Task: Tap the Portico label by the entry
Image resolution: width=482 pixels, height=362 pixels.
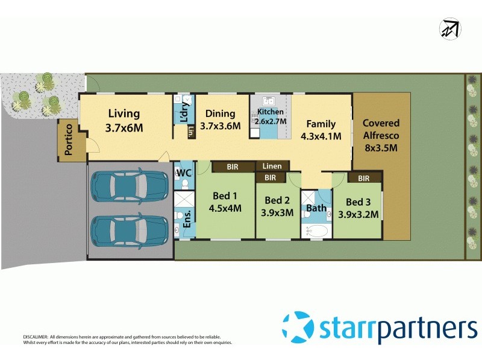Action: point(69,139)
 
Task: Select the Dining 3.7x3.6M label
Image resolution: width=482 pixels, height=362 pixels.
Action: point(220,119)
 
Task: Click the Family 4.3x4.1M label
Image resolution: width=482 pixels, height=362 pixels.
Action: point(321,129)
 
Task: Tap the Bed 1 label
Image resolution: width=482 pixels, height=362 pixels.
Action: point(225,202)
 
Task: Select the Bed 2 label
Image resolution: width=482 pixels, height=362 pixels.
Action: point(278,206)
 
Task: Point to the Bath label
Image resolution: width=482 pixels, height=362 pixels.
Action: point(316,208)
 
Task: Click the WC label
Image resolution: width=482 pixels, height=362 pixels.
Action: point(183,174)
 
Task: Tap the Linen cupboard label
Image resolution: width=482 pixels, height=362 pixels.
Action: point(272,166)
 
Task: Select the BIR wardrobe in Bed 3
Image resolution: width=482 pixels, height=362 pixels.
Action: point(363,178)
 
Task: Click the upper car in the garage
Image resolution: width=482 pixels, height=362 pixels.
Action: point(129,186)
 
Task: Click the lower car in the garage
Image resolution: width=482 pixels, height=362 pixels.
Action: point(129,229)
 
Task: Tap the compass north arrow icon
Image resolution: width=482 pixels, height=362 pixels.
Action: point(449,28)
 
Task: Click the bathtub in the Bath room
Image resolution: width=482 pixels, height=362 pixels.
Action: point(316,231)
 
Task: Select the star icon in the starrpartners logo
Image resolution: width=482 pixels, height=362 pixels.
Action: point(298,326)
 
